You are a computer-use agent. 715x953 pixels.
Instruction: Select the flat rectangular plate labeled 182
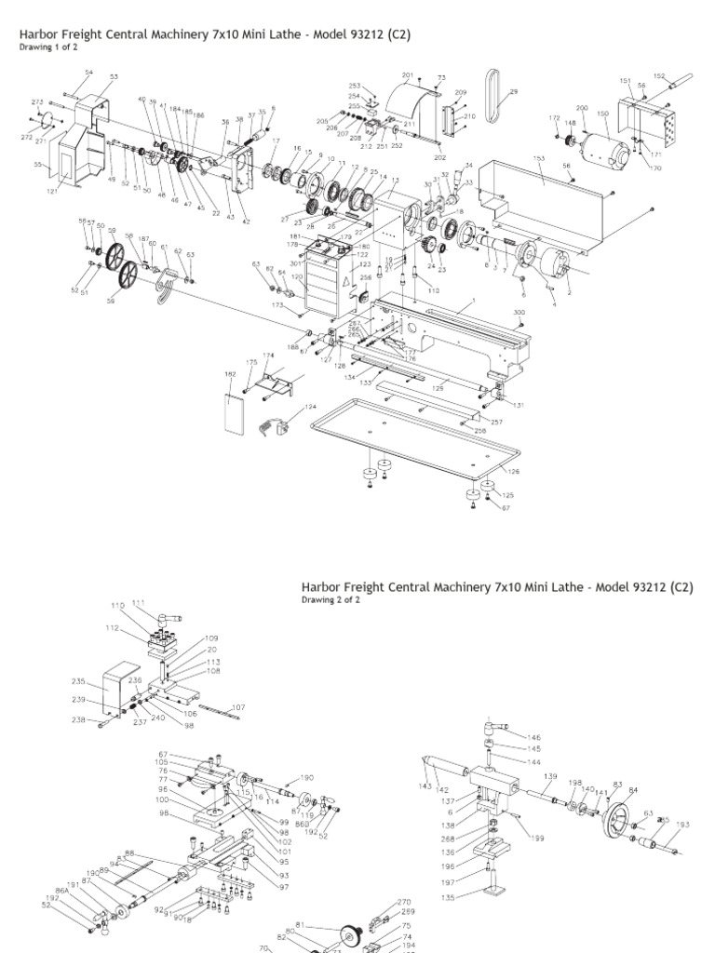click(235, 408)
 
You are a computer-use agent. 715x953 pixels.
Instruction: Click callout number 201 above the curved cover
click(408, 74)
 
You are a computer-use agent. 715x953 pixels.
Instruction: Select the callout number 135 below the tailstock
click(450, 897)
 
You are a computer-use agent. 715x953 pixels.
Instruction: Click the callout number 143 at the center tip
click(425, 786)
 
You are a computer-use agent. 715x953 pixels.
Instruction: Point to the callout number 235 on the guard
click(78, 680)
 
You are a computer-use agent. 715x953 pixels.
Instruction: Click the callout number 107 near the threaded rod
click(239, 707)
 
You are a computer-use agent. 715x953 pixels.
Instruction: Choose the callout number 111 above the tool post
click(139, 603)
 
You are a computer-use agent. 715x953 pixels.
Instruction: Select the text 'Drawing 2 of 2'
click(331, 600)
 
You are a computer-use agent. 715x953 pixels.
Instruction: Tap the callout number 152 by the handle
click(659, 76)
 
